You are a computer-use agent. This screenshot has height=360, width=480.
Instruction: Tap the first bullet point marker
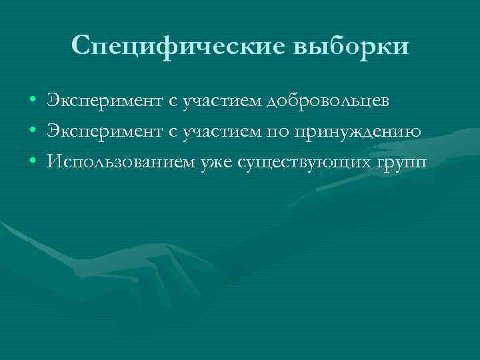click(x=33, y=101)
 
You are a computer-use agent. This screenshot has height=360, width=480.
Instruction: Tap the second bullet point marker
click(x=33, y=131)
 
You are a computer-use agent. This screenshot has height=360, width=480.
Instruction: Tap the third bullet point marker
click(x=33, y=162)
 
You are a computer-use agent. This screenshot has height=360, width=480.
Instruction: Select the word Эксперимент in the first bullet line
click(x=104, y=101)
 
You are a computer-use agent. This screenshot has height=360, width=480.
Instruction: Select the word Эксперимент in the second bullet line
click(x=104, y=131)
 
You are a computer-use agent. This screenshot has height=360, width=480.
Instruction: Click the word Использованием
click(x=121, y=162)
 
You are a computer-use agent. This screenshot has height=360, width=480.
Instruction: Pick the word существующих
click(x=301, y=163)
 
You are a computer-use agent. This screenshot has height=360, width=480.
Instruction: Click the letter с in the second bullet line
click(x=173, y=132)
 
